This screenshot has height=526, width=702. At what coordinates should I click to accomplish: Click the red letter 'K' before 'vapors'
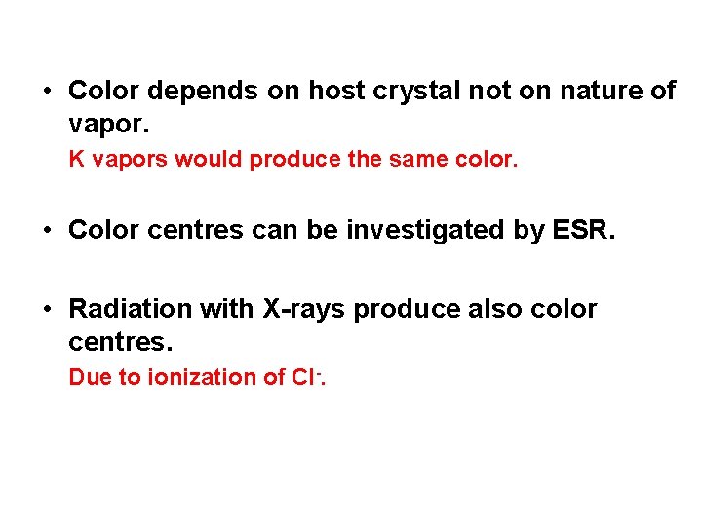[75, 159]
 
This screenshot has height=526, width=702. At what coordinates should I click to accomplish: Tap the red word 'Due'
[91, 377]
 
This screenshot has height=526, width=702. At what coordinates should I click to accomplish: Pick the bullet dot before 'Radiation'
[47, 310]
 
